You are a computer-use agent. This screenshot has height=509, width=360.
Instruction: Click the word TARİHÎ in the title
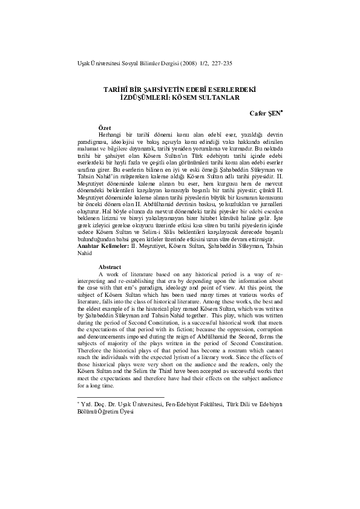(116, 88)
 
